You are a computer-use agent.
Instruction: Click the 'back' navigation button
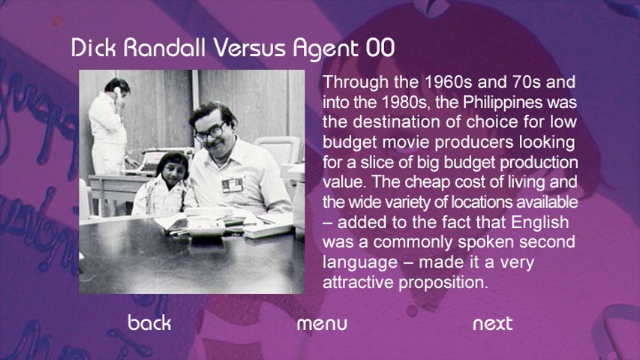tap(149, 322)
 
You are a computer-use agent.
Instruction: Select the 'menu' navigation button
tap(322, 324)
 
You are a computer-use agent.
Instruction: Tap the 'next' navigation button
tap(493, 324)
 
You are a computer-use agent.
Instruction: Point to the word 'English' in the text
tap(539, 223)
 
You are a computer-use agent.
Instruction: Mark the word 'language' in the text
tap(360, 262)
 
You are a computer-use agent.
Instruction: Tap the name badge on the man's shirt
tap(233, 185)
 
